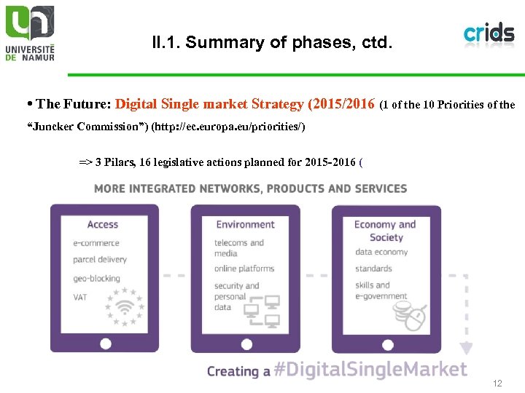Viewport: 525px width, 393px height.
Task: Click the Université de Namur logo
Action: [30, 33]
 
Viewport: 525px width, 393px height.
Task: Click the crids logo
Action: [489, 33]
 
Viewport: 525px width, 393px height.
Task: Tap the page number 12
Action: [497, 383]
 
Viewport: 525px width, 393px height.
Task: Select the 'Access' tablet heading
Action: [103, 225]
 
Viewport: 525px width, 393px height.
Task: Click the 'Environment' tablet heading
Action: [245, 225]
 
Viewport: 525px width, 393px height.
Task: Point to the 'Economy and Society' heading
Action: [385, 231]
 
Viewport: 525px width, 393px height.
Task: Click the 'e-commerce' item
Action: [96, 243]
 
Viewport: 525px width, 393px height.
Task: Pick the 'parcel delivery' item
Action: [100, 260]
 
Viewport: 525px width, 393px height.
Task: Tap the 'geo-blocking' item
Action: [98, 278]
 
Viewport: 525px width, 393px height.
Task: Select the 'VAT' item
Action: [80, 297]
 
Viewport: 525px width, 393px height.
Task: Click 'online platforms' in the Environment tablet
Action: [244, 269]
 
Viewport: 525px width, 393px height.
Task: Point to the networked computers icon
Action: [262, 310]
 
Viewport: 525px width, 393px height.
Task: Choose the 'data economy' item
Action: [381, 252]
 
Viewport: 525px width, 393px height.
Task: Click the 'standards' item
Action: [373, 269]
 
